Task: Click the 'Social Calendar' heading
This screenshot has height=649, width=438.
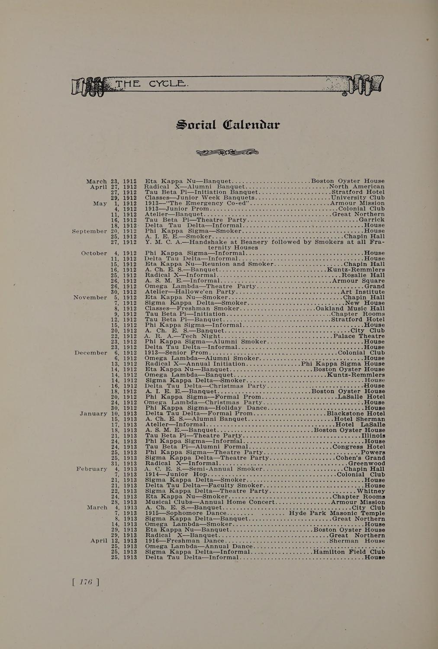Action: (x=228, y=125)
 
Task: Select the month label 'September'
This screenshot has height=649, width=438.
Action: (x=90, y=231)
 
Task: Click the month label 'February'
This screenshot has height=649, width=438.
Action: (x=92, y=469)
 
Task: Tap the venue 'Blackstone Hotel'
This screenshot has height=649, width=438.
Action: (x=356, y=414)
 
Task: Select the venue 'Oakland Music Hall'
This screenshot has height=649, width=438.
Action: (x=350, y=309)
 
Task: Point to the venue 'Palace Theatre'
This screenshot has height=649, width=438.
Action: (x=359, y=336)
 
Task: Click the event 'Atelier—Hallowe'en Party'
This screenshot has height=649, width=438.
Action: (x=187, y=292)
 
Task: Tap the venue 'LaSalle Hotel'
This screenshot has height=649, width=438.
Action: (x=361, y=397)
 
